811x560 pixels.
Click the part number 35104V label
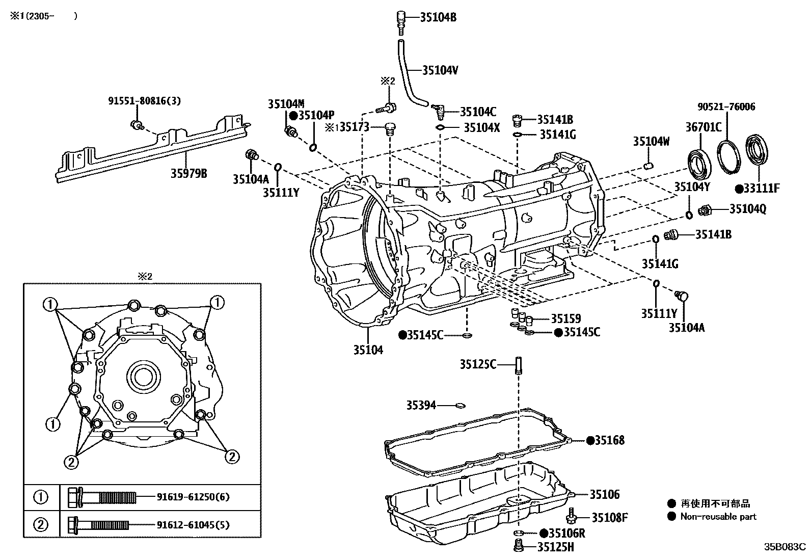pyautogui.click(x=440, y=70)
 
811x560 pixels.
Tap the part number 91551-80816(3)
pyautogui.click(x=144, y=101)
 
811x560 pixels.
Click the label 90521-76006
pyautogui.click(x=726, y=106)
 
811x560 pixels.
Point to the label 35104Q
pyautogui.click(x=747, y=209)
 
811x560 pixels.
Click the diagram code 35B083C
pyautogui.click(x=784, y=547)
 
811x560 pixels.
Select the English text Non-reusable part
pyautogui.click(x=718, y=517)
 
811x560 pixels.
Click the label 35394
pyautogui.click(x=421, y=405)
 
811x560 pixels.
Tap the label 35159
pyautogui.click(x=566, y=319)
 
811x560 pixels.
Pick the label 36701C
pyautogui.click(x=703, y=127)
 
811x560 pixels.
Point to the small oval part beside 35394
pyautogui.click(x=460, y=406)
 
